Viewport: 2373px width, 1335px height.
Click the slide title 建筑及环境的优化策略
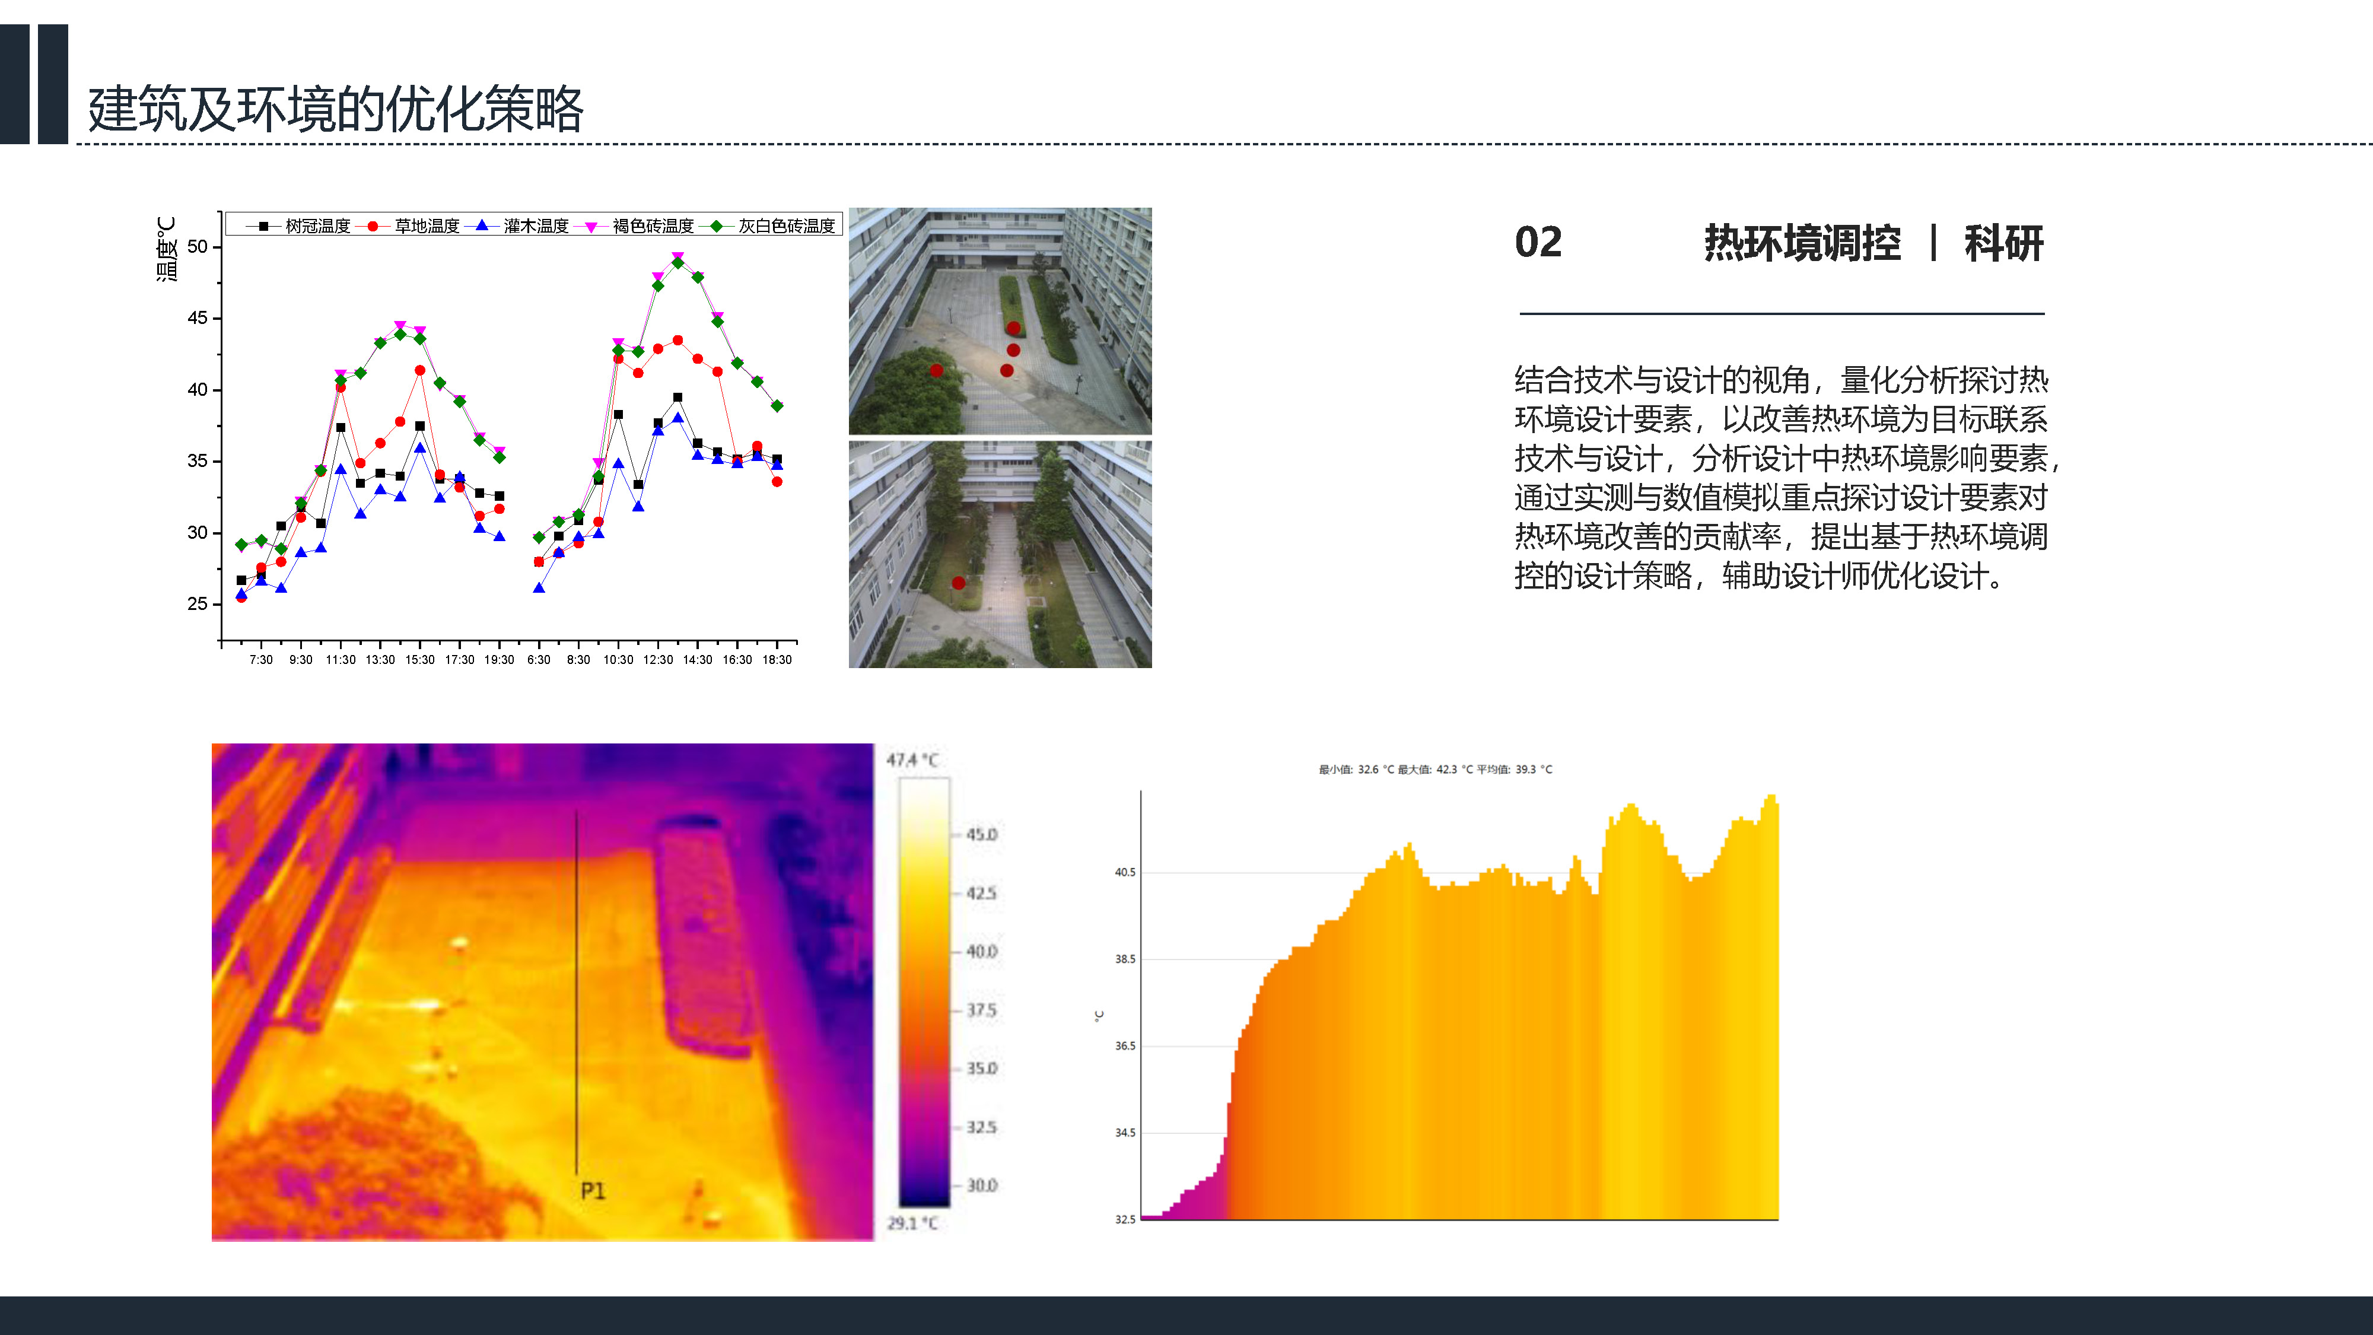[x=335, y=109]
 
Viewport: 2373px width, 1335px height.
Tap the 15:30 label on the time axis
[x=420, y=660]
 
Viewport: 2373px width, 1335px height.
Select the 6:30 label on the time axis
[x=539, y=660]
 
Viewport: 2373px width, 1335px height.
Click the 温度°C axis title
[x=166, y=249]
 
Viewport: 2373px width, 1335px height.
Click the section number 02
[x=1538, y=242]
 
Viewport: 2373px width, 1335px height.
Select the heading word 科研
[x=2003, y=243]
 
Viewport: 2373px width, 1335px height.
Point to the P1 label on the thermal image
[x=593, y=1191]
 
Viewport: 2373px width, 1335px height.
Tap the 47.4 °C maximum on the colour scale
[x=912, y=760]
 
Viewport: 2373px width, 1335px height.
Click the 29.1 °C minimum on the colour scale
[x=912, y=1223]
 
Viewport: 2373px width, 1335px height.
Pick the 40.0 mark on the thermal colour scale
[x=981, y=952]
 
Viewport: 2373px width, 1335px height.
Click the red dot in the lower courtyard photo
[x=958, y=583]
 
